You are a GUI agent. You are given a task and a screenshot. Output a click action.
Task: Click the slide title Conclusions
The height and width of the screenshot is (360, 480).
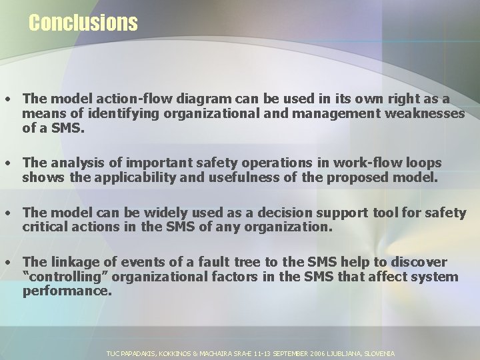point(83,23)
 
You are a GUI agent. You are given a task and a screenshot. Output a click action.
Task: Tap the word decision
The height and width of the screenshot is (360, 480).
point(304,213)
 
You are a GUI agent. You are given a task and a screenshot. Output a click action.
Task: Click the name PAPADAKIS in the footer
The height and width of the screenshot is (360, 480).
point(139,353)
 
